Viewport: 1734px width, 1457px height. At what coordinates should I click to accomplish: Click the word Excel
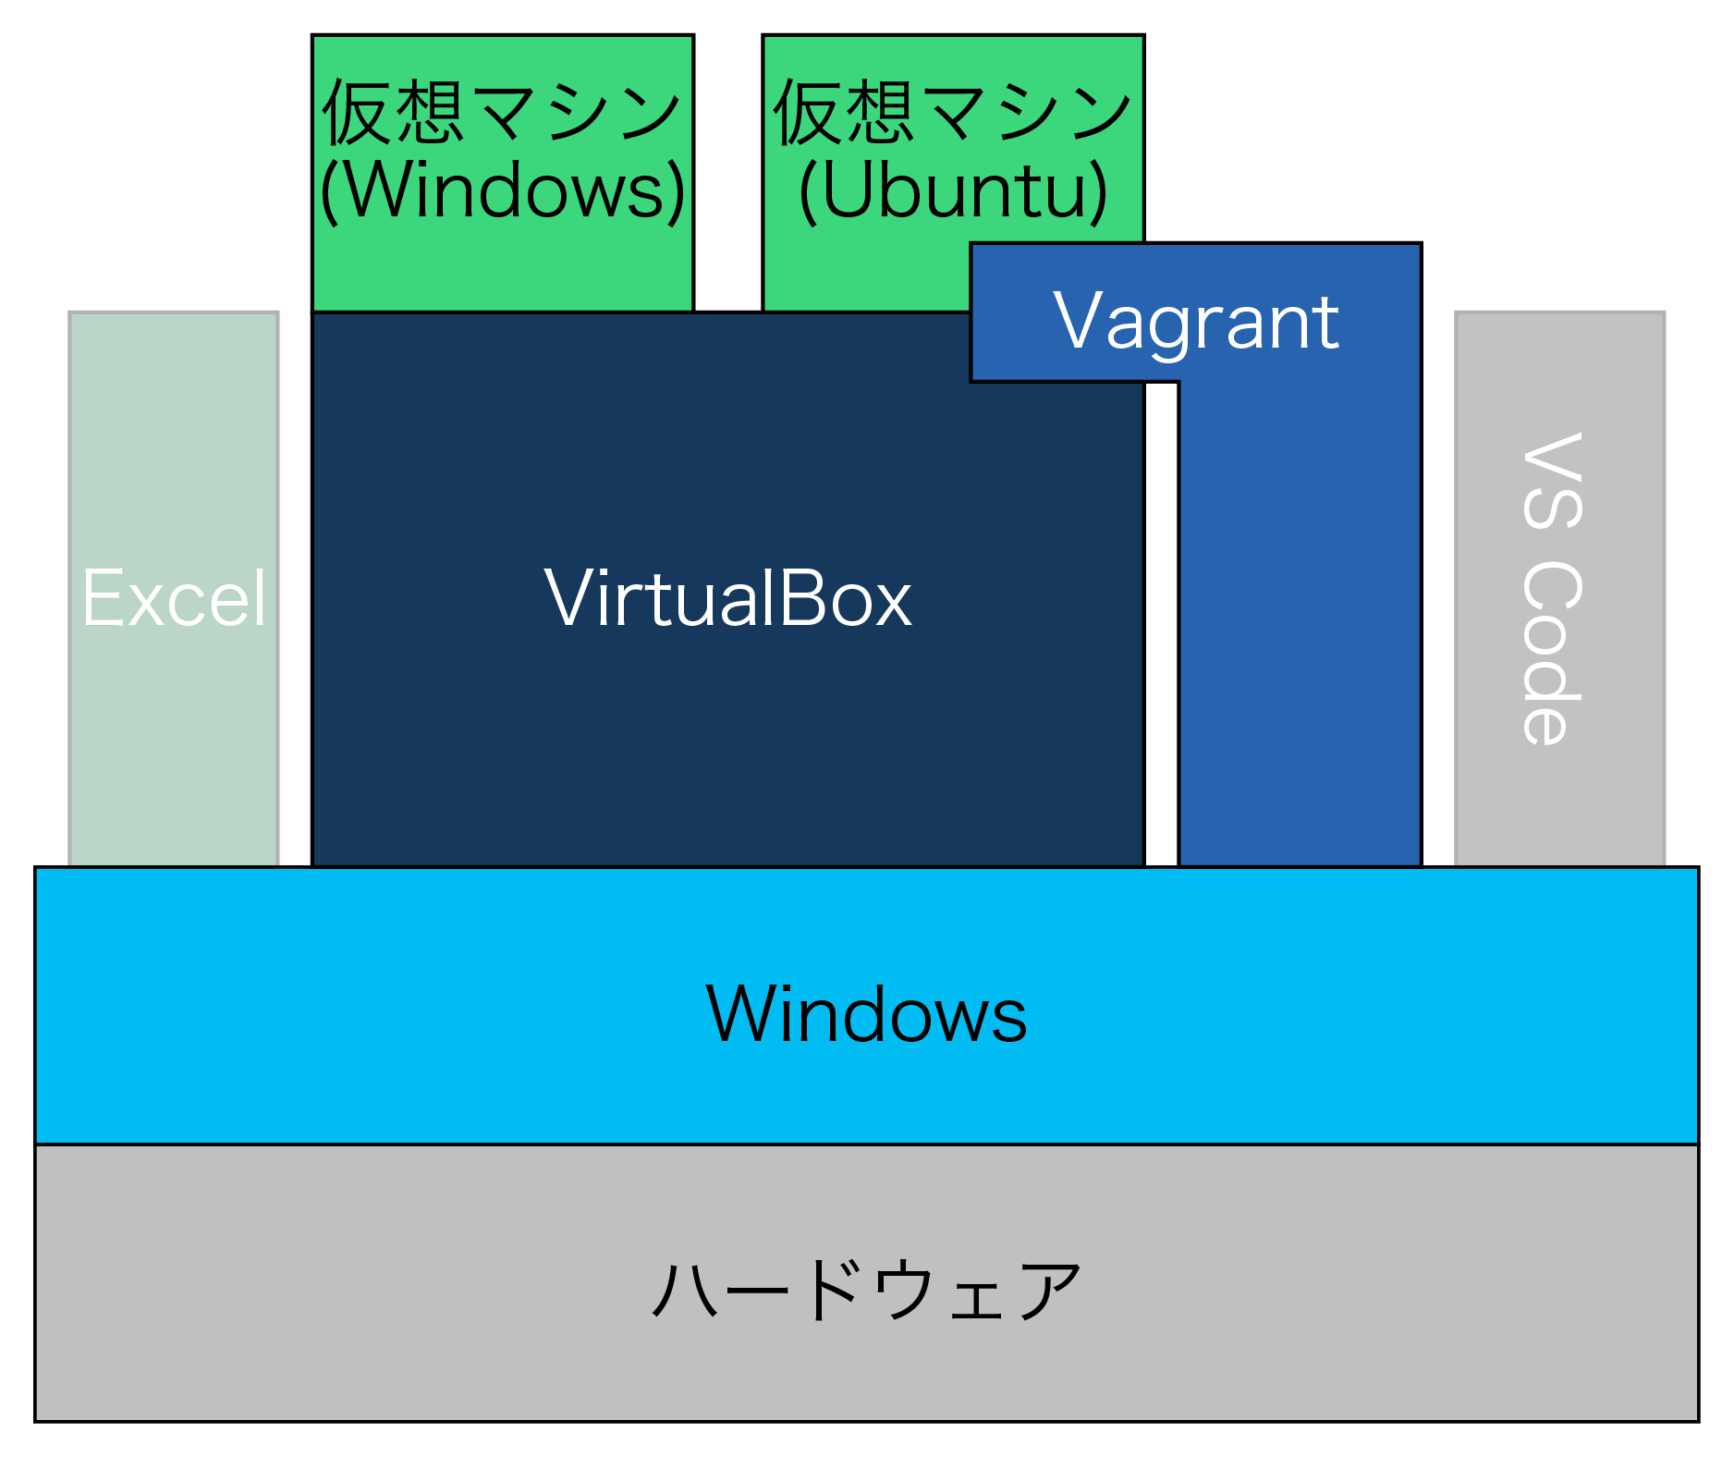coord(174,599)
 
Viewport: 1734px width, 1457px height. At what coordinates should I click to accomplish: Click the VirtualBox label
coord(727,599)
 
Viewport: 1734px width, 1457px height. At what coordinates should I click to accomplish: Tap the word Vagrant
coord(1195,321)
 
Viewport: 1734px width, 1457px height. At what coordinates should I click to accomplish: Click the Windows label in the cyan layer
coord(866,1014)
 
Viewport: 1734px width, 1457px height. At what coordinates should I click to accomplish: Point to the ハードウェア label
coord(866,1291)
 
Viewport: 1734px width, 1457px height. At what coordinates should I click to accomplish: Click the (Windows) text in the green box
coord(503,190)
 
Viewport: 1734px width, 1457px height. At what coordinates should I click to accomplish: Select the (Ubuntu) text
coord(953,190)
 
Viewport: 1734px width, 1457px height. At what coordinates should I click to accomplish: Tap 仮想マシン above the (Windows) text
coord(503,112)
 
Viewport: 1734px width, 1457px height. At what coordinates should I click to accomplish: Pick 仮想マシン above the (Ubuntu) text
coord(953,112)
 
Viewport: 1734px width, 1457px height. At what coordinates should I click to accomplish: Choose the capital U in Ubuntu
coord(847,190)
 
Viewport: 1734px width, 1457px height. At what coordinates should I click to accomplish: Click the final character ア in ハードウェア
coord(1048,1291)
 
